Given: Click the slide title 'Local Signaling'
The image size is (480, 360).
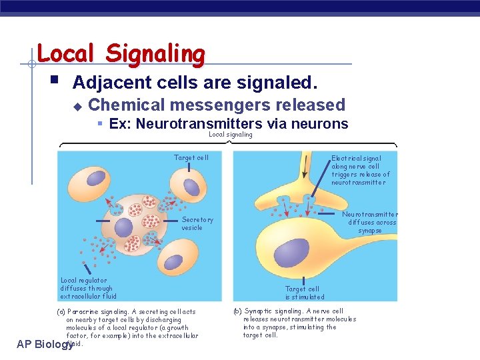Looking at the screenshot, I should [121, 54].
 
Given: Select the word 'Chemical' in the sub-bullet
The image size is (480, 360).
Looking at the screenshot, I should [127, 105].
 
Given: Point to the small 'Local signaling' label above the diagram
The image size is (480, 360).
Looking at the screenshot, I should [231, 135].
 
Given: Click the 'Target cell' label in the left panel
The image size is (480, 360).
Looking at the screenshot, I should [191, 158].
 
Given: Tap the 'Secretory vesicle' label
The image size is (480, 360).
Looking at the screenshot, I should [197, 223].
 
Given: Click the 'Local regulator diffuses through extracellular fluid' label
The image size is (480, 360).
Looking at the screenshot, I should [88, 289].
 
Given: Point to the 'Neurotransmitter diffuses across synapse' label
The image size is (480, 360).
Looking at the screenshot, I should [369, 222].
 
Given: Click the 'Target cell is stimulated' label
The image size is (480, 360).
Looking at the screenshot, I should [305, 293].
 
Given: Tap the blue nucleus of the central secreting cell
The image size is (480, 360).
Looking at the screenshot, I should [124, 227].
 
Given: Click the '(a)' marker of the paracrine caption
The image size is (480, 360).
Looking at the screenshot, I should [61, 311].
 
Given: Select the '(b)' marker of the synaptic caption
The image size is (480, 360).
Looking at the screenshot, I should [237, 311].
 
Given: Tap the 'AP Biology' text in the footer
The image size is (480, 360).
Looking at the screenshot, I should [43, 344].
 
